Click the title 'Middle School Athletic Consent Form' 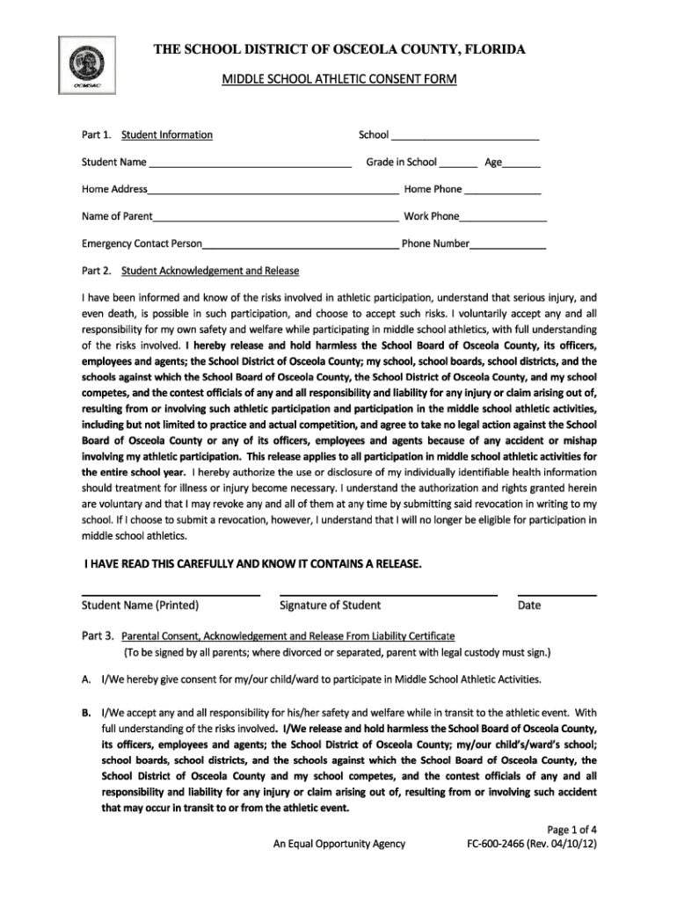338,80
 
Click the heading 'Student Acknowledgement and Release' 210,271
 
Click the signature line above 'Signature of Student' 388,595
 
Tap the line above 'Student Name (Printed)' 171,595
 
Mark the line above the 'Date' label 557,595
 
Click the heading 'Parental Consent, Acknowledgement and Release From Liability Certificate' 288,635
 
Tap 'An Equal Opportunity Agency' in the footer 338,845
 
